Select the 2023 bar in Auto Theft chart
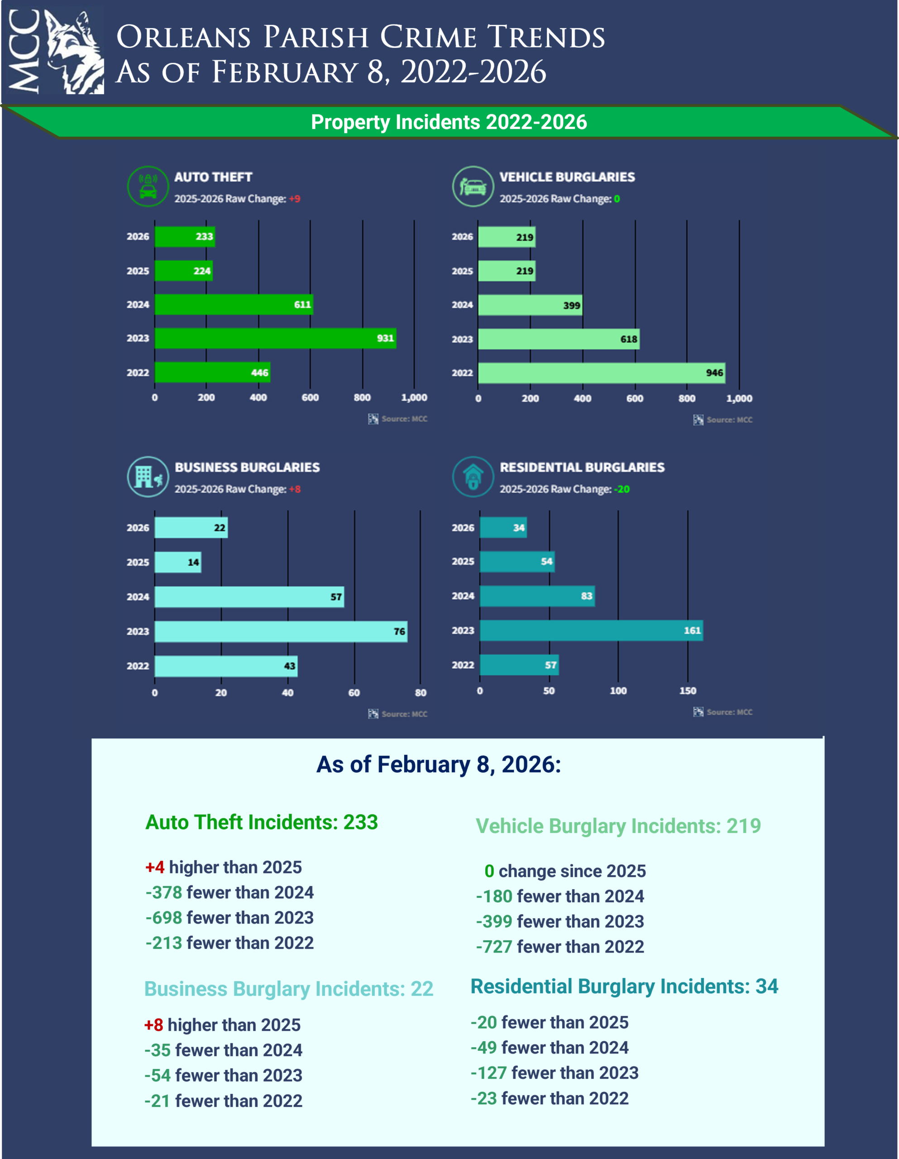(275, 339)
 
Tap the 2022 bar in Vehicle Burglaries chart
(601, 373)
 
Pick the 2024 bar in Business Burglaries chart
(249, 597)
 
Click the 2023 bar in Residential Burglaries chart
(591, 631)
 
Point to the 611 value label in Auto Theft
(302, 305)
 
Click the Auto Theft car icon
(148, 186)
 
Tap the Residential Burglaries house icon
(473, 477)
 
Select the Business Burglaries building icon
(148, 477)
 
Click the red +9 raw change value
(295, 199)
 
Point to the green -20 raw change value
(622, 489)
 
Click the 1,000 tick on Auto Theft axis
(414, 398)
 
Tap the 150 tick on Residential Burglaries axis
(688, 691)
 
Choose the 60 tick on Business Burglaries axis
(354, 693)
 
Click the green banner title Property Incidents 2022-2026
(449, 122)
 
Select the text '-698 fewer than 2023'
(229, 918)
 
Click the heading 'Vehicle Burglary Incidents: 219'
(618, 826)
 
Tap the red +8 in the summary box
(153, 1025)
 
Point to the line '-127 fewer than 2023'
(555, 1073)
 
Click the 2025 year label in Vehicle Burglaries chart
(462, 271)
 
